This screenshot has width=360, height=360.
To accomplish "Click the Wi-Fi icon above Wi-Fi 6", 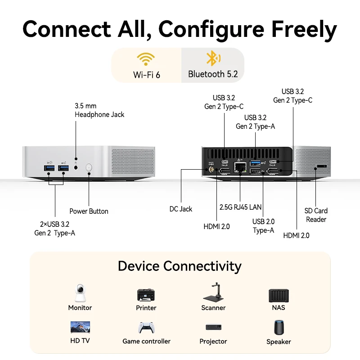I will (x=146, y=59).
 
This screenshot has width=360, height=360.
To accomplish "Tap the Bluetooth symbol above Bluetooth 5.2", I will (x=212, y=58).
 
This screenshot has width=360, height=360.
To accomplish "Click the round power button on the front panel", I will (x=89, y=168).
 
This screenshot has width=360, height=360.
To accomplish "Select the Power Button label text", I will (x=89, y=211).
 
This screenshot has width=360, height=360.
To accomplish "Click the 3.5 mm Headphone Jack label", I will (x=99, y=110).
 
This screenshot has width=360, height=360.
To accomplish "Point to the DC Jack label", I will (x=180, y=209).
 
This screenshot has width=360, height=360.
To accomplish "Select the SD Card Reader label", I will (x=316, y=215).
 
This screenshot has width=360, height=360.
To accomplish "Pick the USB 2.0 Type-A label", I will (x=263, y=225).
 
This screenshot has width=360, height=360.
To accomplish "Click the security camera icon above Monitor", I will (x=80, y=293).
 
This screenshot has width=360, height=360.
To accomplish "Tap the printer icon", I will (x=146, y=295).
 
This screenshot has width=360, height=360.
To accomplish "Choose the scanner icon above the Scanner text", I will (x=213, y=293).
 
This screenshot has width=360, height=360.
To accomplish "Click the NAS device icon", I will (x=278, y=295).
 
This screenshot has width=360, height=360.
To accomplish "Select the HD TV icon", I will (x=80, y=327).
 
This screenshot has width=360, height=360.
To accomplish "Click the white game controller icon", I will (x=146, y=328).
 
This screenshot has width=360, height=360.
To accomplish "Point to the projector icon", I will (x=213, y=327).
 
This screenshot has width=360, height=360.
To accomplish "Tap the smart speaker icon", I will (x=279, y=327).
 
